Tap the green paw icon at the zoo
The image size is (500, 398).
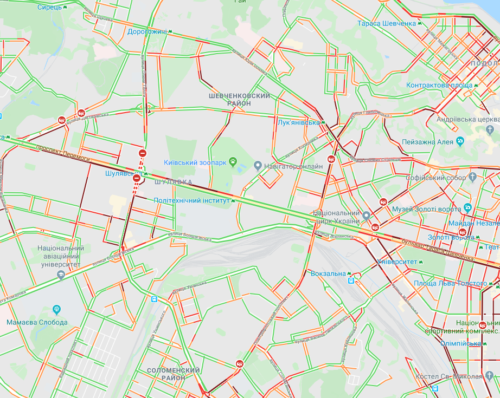(x=233, y=161)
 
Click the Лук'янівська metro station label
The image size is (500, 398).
(x=298, y=123)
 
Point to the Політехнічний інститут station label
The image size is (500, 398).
(x=191, y=200)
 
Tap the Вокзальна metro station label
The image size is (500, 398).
(x=328, y=273)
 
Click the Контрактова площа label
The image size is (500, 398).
(x=439, y=86)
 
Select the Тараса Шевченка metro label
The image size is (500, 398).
(x=386, y=23)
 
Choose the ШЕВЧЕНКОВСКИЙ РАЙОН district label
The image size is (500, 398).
(x=239, y=99)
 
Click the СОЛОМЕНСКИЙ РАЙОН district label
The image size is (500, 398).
(x=174, y=374)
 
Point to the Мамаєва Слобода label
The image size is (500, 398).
(x=37, y=322)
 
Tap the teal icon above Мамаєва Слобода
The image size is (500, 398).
(x=56, y=310)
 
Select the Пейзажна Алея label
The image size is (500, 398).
(x=427, y=142)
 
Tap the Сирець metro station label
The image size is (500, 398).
(x=49, y=8)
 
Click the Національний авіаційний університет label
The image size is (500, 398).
(x=60, y=256)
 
